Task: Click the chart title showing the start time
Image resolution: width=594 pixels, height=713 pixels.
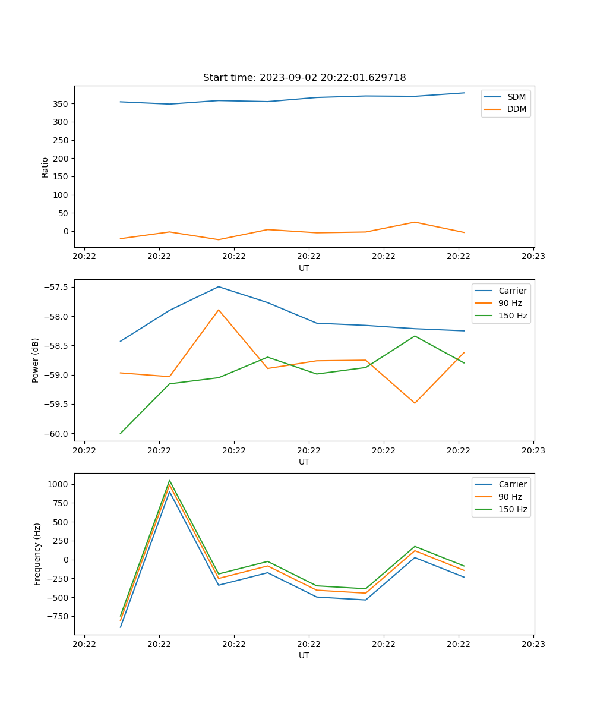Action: pos(304,78)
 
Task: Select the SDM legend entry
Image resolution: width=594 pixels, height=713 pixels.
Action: pos(516,97)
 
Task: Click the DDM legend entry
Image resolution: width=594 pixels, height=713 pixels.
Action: pos(516,109)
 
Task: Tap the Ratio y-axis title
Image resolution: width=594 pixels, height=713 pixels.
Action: pos(45,167)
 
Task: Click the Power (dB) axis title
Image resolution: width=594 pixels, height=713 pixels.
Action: pos(36,361)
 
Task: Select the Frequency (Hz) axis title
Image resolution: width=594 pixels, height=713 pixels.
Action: pos(37,554)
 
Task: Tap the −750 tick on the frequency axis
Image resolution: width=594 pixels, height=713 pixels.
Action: pos(60,616)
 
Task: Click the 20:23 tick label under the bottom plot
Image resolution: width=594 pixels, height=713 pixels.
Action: pos(533,643)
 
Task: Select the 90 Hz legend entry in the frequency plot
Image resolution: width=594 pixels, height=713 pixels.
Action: pos(510,497)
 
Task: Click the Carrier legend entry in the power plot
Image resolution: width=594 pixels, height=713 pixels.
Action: pos(512,291)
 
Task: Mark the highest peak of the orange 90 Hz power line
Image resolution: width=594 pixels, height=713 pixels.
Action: pos(219,310)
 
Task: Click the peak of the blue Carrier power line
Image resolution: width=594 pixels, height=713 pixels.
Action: pos(219,286)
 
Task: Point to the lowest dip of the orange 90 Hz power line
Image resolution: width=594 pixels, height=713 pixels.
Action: pos(415,403)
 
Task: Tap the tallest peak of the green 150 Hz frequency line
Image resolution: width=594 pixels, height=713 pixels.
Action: pos(169,480)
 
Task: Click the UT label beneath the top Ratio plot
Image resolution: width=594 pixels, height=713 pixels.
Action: pos(304,268)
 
